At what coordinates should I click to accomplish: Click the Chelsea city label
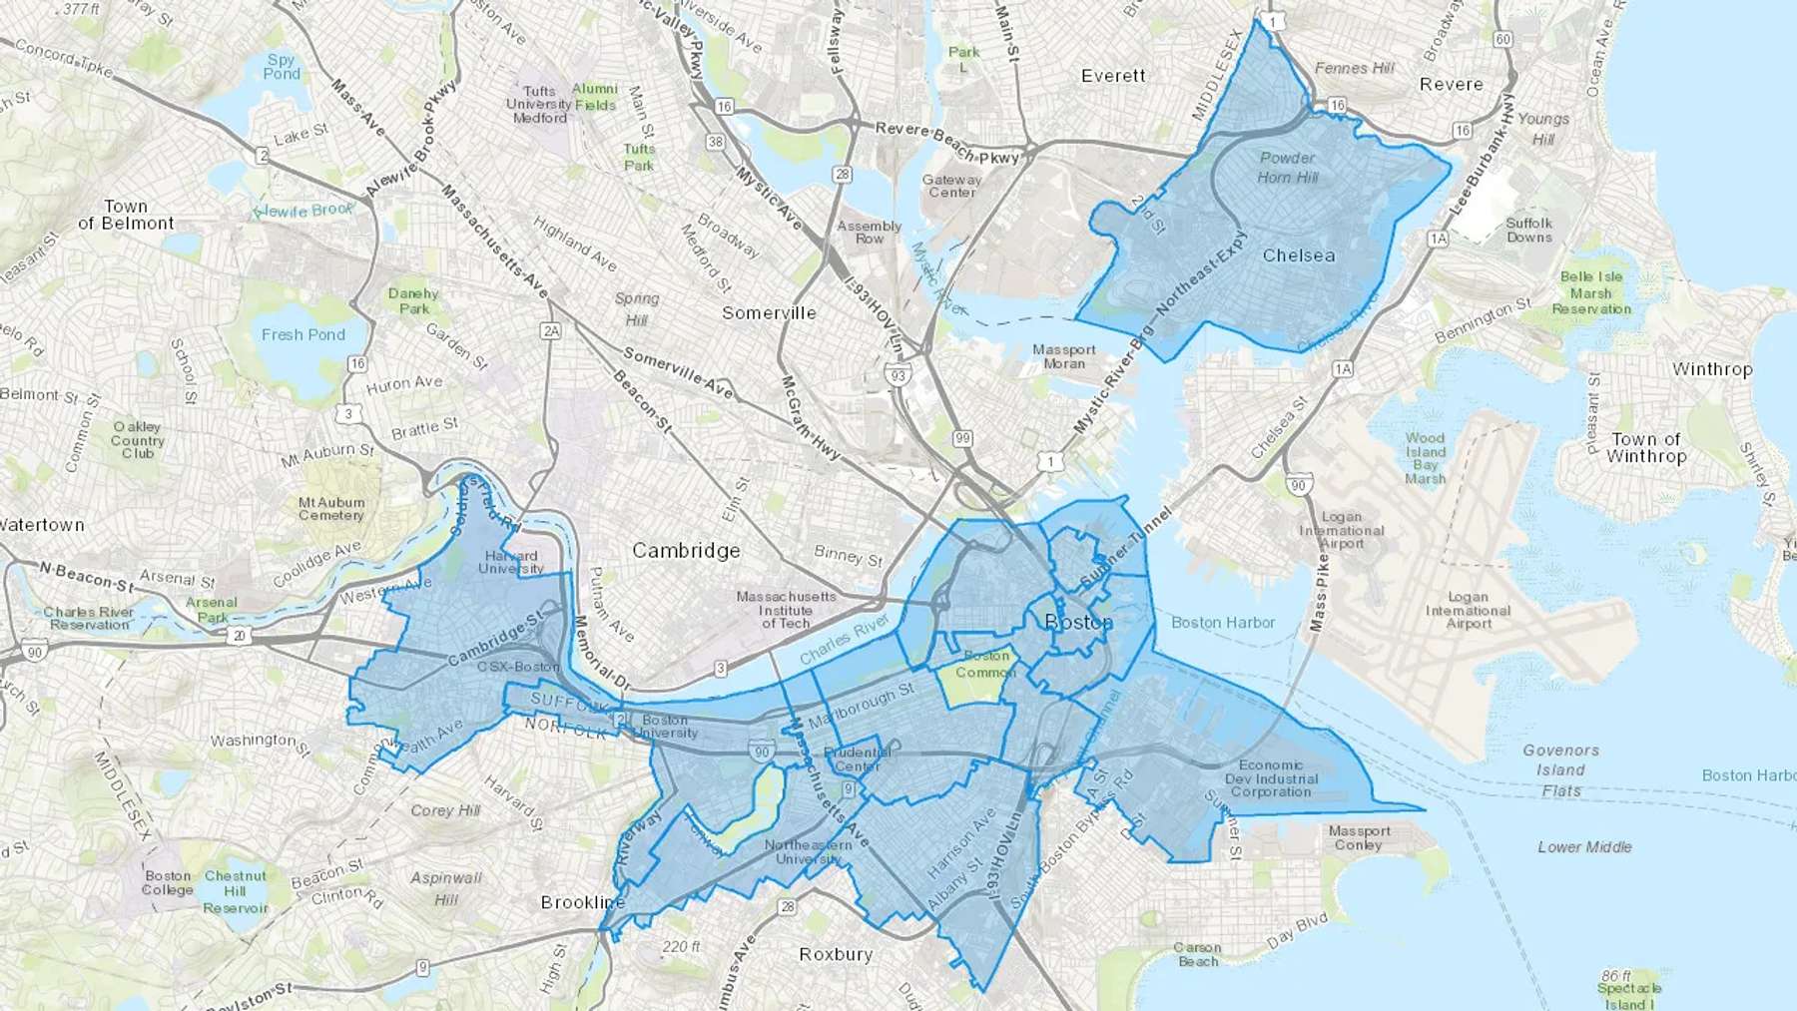tap(1298, 255)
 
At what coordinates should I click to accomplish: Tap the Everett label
tap(1113, 76)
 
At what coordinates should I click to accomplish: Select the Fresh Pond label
tap(303, 335)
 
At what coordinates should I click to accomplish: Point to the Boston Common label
tap(985, 664)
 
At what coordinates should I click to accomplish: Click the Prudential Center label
tap(857, 759)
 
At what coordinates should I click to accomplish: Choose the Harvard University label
tap(511, 562)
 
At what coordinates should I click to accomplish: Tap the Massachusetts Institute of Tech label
tap(786, 610)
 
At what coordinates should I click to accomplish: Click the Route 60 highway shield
tap(1503, 39)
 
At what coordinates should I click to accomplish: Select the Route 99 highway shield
tap(962, 438)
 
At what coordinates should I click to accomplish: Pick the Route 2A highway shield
tap(550, 330)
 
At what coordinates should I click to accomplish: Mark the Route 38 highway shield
tap(716, 142)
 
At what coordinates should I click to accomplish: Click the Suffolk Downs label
tap(1528, 231)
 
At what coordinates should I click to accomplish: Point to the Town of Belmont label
tap(126, 215)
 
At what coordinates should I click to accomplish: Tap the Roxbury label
tap(836, 954)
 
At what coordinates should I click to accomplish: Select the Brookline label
tap(583, 902)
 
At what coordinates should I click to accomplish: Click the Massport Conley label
tap(1359, 837)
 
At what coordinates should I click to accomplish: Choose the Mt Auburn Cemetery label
tap(331, 509)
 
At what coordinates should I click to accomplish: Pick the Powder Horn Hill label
tap(1287, 168)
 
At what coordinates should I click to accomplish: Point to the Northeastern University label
tap(808, 851)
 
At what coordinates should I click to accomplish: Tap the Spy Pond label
tap(282, 67)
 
